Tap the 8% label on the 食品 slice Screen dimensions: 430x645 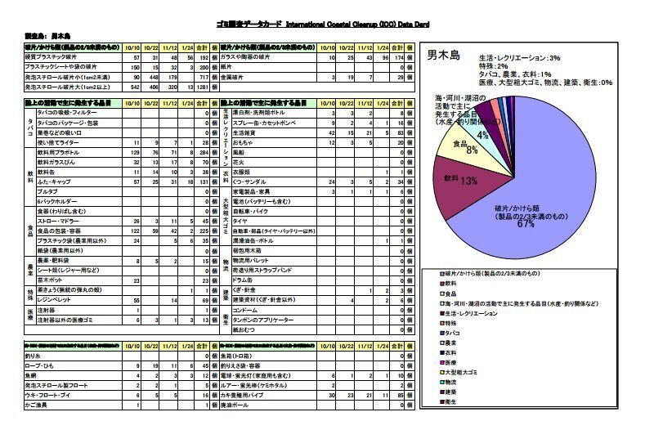click(472, 150)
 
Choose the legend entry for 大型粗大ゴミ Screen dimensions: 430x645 click(465, 373)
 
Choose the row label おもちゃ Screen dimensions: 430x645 click(243, 142)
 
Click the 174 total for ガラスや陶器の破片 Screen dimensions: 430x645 click(398, 58)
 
